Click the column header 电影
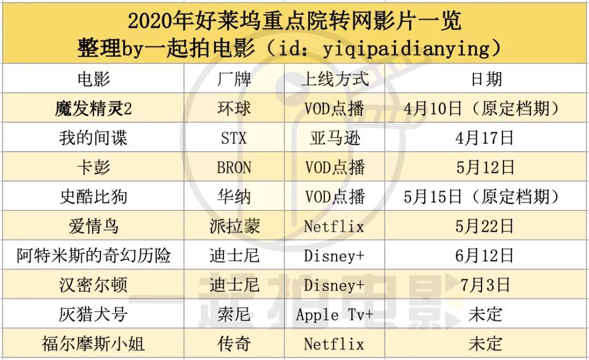[93, 80]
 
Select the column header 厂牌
[234, 80]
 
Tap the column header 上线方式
[334, 80]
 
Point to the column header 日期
[485, 80]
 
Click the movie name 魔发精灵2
[93, 109]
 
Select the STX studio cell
[234, 139]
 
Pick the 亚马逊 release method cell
[334, 139]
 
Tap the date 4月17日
[485, 139]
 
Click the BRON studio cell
[234, 167]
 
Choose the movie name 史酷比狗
[93, 197]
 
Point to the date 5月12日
[485, 167]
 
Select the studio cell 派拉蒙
[234, 226]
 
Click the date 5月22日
[485, 226]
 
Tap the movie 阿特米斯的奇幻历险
[93, 255]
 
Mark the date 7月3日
[485, 285]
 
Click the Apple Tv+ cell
[334, 314]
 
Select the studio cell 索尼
[234, 314]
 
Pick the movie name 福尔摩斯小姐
[93, 344]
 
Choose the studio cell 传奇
[234, 344]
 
